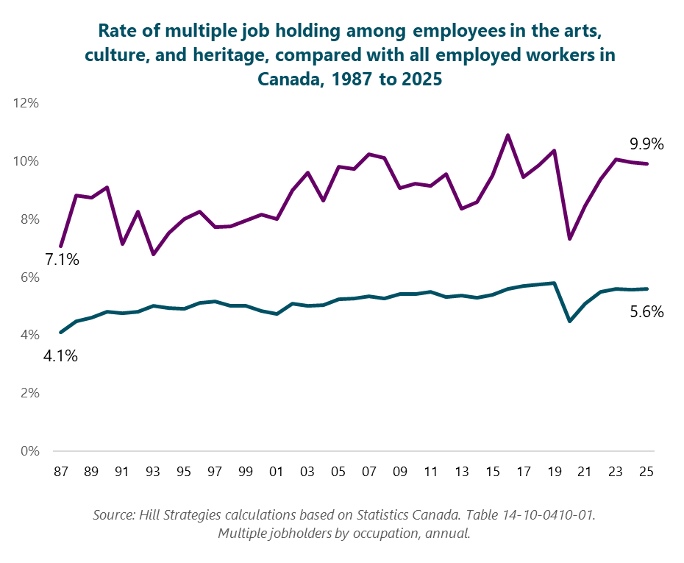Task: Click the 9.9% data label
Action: [646, 145]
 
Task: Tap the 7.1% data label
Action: [61, 260]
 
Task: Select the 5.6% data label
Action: [646, 312]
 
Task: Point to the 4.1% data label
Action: [60, 357]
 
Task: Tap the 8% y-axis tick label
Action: [29, 219]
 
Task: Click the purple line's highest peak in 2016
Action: [507, 135]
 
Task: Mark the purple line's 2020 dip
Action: [569, 238]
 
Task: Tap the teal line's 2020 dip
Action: [569, 321]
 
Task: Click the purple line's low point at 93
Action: [153, 254]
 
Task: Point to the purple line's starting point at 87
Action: [61, 246]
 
